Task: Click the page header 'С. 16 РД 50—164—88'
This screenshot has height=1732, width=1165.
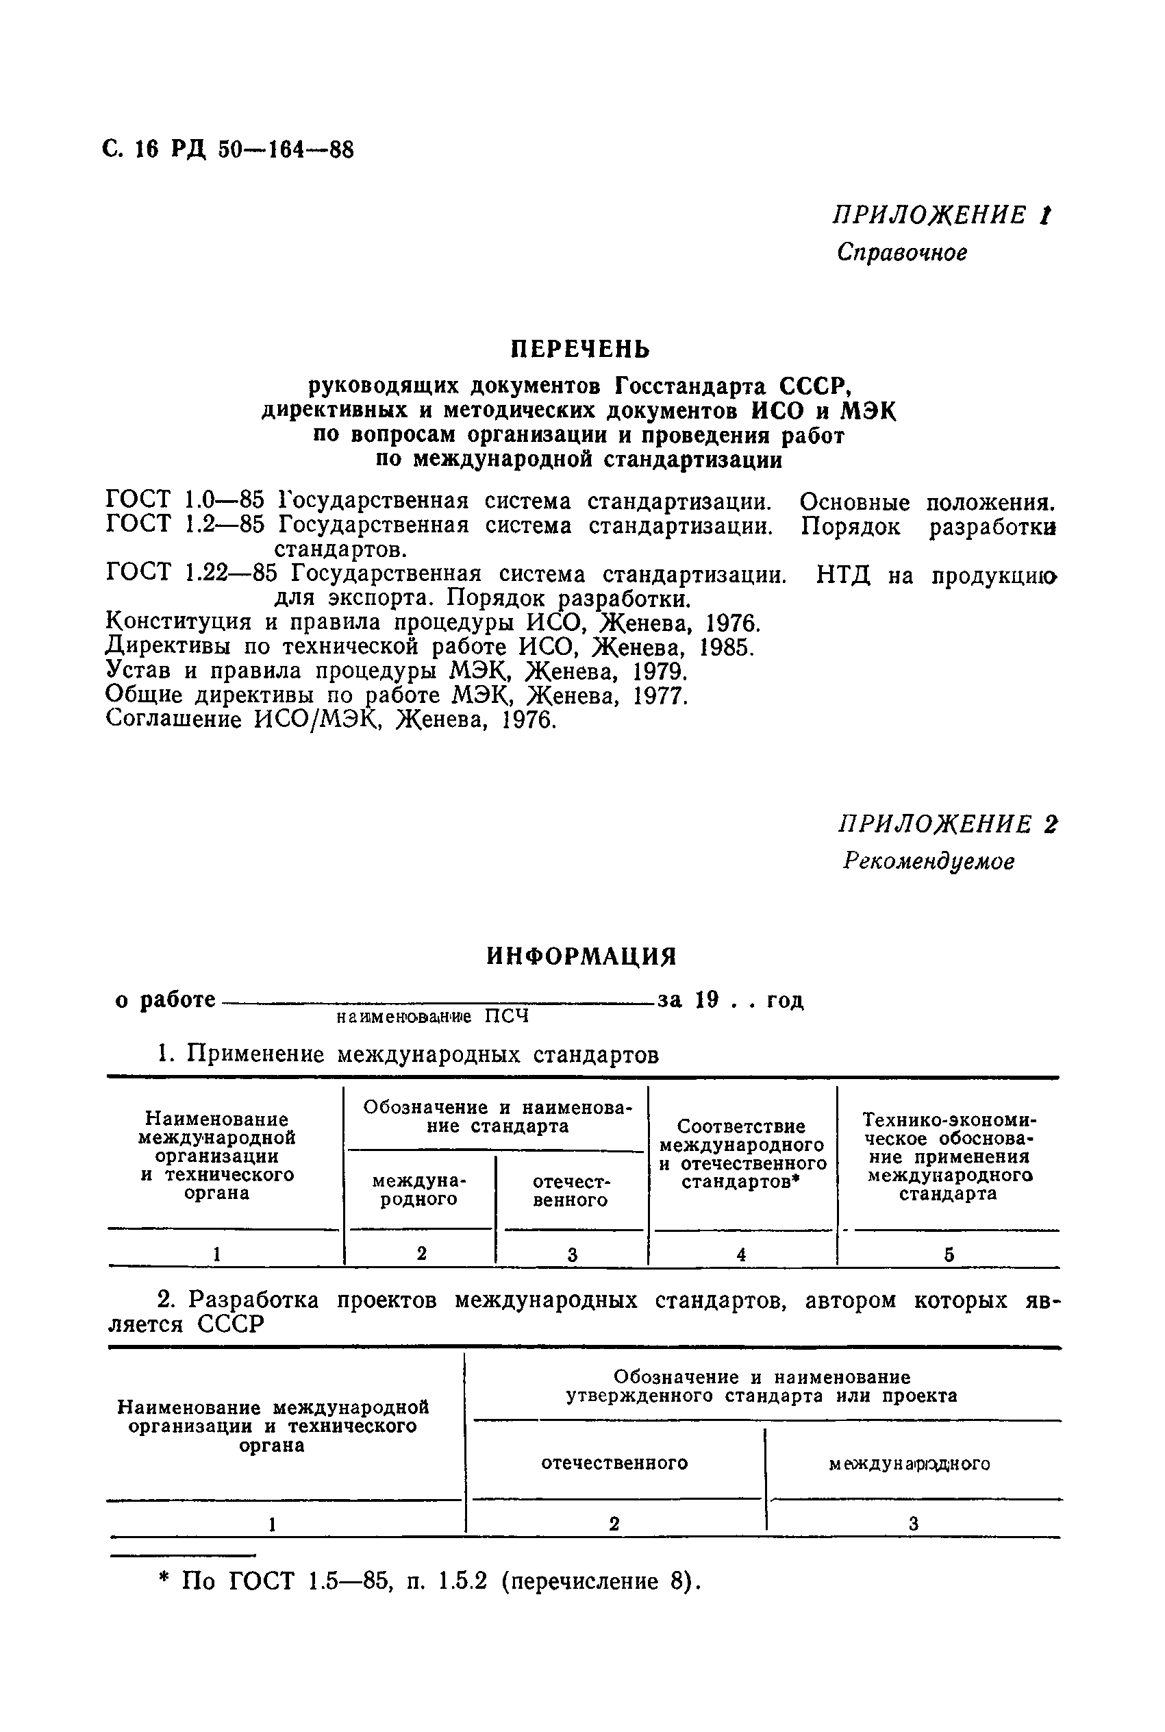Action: click(227, 150)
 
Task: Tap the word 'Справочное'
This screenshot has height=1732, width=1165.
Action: click(902, 253)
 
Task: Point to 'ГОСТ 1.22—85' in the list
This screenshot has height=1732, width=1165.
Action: click(192, 574)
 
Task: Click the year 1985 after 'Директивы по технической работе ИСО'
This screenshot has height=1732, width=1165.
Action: click(727, 647)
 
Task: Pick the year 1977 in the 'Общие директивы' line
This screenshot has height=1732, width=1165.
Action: click(660, 696)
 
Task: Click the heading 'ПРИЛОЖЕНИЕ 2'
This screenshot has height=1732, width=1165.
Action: click(947, 824)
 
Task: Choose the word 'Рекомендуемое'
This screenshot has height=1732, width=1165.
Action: click(929, 861)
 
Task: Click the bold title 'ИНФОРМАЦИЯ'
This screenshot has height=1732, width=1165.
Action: click(581, 956)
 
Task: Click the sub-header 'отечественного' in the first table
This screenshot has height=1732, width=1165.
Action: click(571, 1190)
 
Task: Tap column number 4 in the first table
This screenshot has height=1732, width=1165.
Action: click(742, 1254)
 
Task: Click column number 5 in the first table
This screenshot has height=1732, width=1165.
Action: click(949, 1255)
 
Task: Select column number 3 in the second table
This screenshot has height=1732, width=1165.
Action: click(913, 1524)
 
